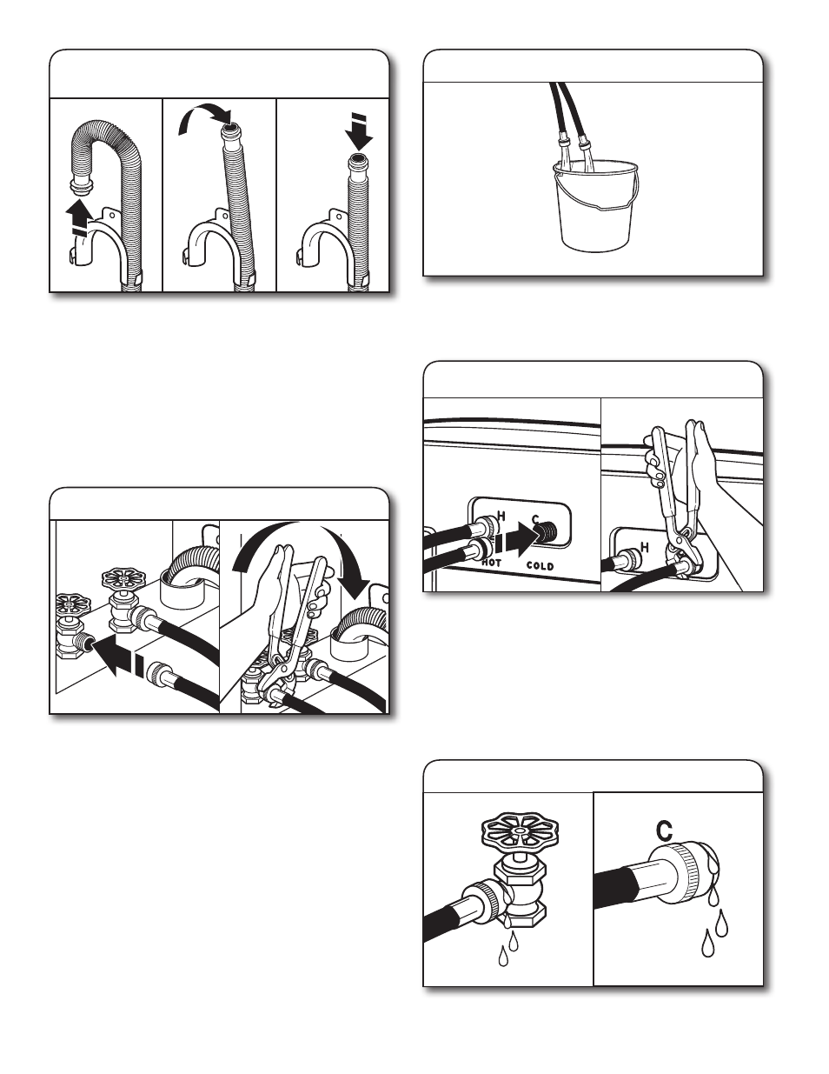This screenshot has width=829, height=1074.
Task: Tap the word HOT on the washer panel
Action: [x=492, y=563]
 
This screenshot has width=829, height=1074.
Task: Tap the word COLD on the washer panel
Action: [x=541, y=565]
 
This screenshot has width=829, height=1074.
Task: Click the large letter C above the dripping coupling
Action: [x=665, y=830]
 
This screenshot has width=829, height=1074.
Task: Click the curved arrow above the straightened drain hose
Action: [x=205, y=118]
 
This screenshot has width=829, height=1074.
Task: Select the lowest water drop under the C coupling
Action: [x=707, y=942]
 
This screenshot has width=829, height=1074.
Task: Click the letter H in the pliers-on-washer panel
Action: [x=644, y=547]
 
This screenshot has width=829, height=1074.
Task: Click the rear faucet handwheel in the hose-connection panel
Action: [x=124, y=577]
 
